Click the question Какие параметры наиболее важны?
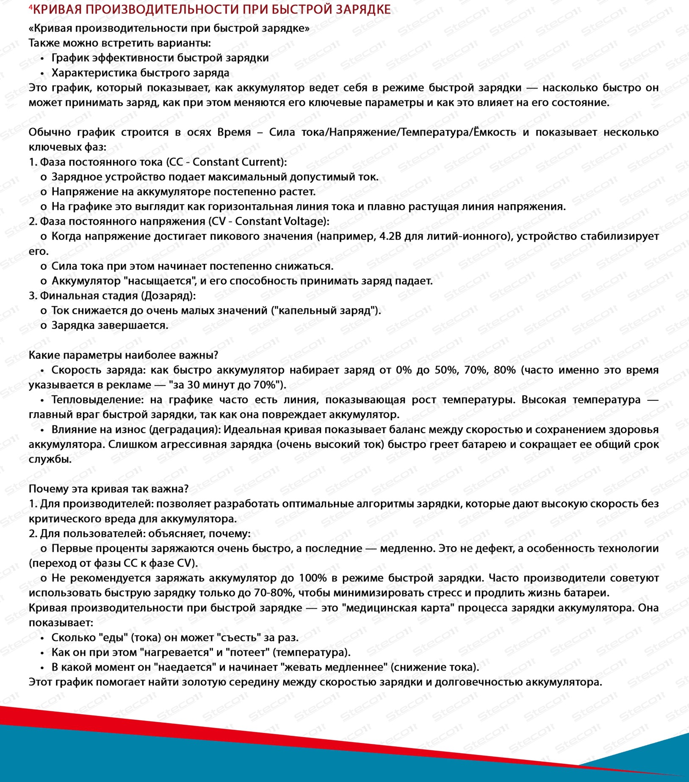tap(123, 355)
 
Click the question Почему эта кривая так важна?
tap(108, 489)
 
